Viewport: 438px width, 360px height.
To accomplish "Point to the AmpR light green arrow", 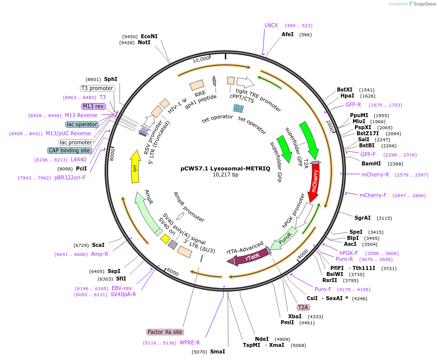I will coord(147,212).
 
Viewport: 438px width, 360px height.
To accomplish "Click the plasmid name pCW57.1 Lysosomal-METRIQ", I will coord(218,168).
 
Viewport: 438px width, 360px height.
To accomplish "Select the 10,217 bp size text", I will coord(218,175).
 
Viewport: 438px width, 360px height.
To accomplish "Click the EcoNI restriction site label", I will coord(149,36).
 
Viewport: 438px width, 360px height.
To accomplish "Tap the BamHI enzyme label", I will coord(371,163).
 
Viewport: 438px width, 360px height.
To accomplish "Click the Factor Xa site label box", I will coord(165,332).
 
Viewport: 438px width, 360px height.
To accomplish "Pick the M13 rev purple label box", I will coord(93,106).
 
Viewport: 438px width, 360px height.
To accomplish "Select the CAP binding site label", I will coord(70,150).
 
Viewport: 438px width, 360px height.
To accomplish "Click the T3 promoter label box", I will coord(98,88).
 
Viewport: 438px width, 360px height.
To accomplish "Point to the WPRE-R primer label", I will coord(190,342).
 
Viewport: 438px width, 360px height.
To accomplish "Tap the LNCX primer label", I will coord(271,25).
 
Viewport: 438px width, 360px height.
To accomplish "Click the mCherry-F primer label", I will coord(373,195).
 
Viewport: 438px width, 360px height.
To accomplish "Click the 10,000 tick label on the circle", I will coord(201,59).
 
